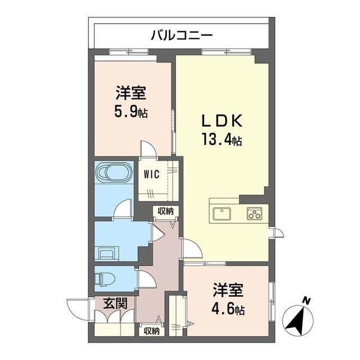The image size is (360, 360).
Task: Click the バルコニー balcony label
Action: click(182, 35)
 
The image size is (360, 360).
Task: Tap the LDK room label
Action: click(222, 120)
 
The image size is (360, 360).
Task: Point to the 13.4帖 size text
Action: click(222, 139)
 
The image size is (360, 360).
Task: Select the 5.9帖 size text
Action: click(131, 111)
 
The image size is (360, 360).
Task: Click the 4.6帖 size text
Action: click(228, 309)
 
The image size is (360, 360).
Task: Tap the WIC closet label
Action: click(151, 174)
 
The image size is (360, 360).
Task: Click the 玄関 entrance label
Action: click(115, 303)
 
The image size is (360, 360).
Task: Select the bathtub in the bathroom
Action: click(114, 173)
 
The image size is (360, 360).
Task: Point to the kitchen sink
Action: click(222, 214)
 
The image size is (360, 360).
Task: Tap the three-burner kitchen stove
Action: click(255, 214)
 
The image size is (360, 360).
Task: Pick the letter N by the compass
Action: click(305, 300)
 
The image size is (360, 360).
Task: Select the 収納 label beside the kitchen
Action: click(165, 211)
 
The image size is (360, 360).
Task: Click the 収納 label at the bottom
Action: click(151, 331)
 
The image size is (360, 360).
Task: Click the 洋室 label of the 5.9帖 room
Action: click(130, 93)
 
